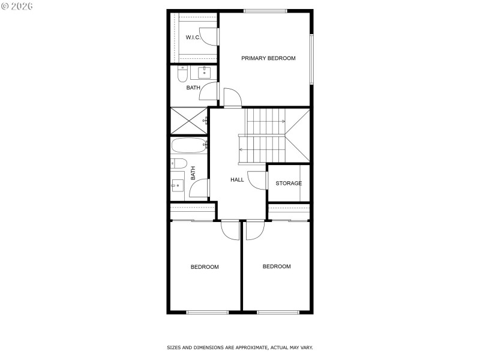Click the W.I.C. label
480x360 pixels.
(x=193, y=37)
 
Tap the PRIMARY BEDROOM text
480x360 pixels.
(x=268, y=58)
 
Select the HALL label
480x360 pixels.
(x=237, y=179)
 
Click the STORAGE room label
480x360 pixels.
(x=289, y=183)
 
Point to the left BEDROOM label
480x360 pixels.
(x=205, y=266)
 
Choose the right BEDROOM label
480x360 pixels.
(x=277, y=266)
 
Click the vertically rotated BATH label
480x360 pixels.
(x=193, y=173)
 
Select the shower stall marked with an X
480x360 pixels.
(x=188, y=121)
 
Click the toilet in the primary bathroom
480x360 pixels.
(x=182, y=74)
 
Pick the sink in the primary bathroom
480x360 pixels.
(x=204, y=72)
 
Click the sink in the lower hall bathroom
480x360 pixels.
(x=178, y=185)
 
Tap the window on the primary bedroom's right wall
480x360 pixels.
(x=311, y=59)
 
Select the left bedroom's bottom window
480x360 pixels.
(x=207, y=312)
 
